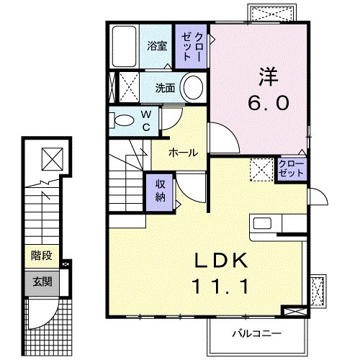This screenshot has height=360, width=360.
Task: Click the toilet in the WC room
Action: pyautogui.click(x=123, y=120)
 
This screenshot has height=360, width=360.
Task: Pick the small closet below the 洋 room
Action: pyautogui.click(x=291, y=169)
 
